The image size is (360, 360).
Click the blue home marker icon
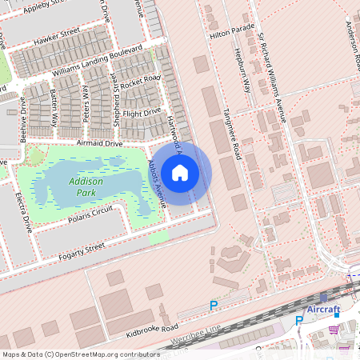click(180, 173)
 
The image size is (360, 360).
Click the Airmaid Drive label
click(98, 143)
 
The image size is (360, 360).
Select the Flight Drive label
click(142, 111)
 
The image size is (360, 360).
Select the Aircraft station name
click(323, 310)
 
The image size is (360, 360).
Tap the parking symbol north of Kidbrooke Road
click(214, 305)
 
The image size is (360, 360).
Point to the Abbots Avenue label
click(156, 183)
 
